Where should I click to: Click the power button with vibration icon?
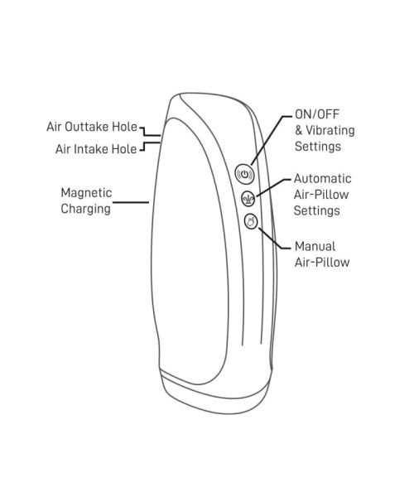point(245,174)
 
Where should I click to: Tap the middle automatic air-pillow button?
point(248,199)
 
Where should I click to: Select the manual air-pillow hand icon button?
point(251,221)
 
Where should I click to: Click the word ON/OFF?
point(317,114)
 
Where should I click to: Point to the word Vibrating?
point(330,130)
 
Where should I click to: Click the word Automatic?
point(322,178)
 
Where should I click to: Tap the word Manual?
point(315,246)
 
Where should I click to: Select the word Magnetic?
point(86,193)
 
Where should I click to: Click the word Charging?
point(86,210)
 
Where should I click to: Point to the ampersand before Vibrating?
point(299,130)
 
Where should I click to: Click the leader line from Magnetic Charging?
point(131,202)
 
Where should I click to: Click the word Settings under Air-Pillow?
point(317,210)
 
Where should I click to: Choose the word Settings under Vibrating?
point(318,147)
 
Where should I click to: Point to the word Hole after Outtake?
point(124,127)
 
